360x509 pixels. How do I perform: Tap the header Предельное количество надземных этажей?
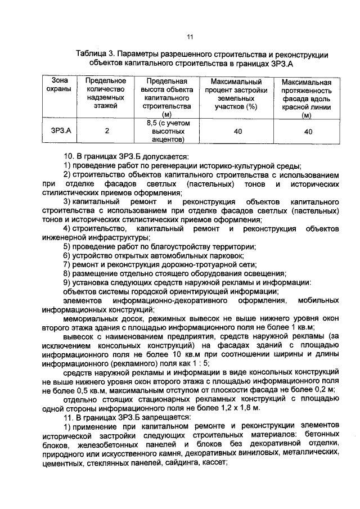click(x=106, y=93)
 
